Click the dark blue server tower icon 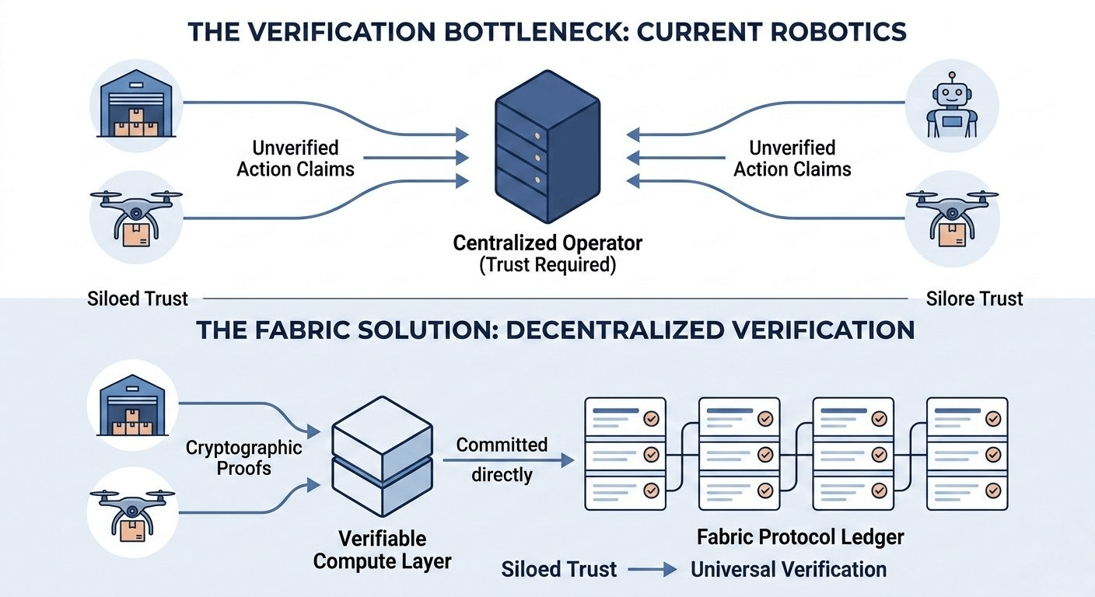coord(547,155)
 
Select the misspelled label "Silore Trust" coord(974,298)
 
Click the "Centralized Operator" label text coord(547,243)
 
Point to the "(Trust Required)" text coord(547,265)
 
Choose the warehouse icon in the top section coord(135,104)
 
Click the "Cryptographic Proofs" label coord(243,457)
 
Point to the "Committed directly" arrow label coord(502,459)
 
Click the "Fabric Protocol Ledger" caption coord(800,536)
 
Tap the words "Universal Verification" coord(789,569)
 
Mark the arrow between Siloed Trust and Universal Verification coord(654,570)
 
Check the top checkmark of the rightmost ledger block coord(992,418)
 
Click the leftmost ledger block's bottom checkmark coord(651,491)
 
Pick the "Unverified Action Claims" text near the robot coord(792,159)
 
